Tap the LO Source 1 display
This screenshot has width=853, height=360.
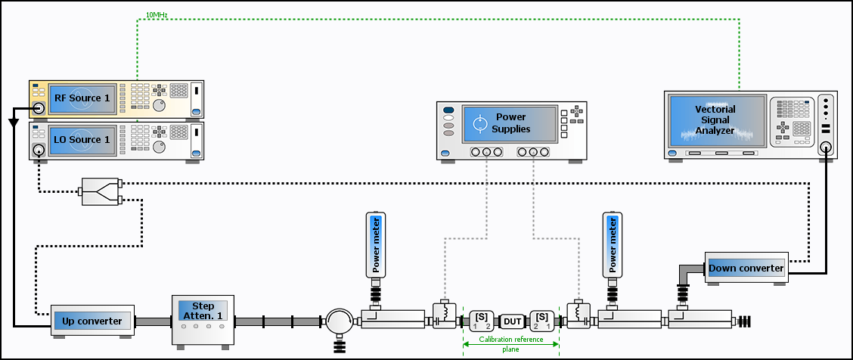[x=82, y=140]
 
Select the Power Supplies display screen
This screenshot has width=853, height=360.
[x=510, y=123]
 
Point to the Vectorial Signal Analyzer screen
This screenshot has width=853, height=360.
[x=715, y=120]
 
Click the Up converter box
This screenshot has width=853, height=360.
[x=92, y=321]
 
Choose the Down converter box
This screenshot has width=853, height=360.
[x=746, y=268]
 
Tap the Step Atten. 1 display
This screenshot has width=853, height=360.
[x=203, y=311]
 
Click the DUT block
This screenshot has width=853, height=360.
[x=511, y=322]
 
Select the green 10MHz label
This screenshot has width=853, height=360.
[x=156, y=14]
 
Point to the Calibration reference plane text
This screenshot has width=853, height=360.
[x=511, y=344]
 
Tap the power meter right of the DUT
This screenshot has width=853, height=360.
[x=613, y=245]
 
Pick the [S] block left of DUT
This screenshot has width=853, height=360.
[x=482, y=321]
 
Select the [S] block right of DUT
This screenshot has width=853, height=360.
[x=542, y=321]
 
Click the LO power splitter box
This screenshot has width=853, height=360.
[x=101, y=191]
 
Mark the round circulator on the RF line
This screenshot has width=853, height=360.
[x=340, y=322]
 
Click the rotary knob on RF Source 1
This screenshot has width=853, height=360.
[x=159, y=105]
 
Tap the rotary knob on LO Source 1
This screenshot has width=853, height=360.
[x=159, y=147]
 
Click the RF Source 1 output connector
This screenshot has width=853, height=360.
[x=39, y=109]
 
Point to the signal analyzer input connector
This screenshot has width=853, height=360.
[x=827, y=147]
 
